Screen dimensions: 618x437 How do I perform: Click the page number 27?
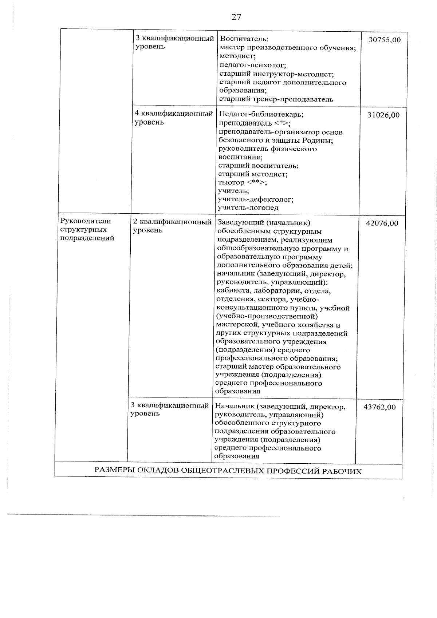[x=236, y=17]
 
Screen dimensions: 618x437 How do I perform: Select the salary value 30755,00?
[x=384, y=40]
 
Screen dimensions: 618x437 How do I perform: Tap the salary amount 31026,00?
[x=383, y=115]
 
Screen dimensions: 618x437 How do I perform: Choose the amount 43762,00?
[x=379, y=407]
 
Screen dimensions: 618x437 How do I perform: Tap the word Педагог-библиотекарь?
[x=261, y=114]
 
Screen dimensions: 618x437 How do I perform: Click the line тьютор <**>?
[x=242, y=182]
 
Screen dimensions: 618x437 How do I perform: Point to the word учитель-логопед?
[x=248, y=208]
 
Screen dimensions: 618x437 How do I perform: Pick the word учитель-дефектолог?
[x=256, y=199]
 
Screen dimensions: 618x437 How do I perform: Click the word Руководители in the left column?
[x=86, y=221]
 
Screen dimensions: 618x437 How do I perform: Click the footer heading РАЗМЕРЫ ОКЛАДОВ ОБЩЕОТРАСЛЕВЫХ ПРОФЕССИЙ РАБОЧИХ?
[x=228, y=471]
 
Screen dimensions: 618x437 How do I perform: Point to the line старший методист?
[x=253, y=174]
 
